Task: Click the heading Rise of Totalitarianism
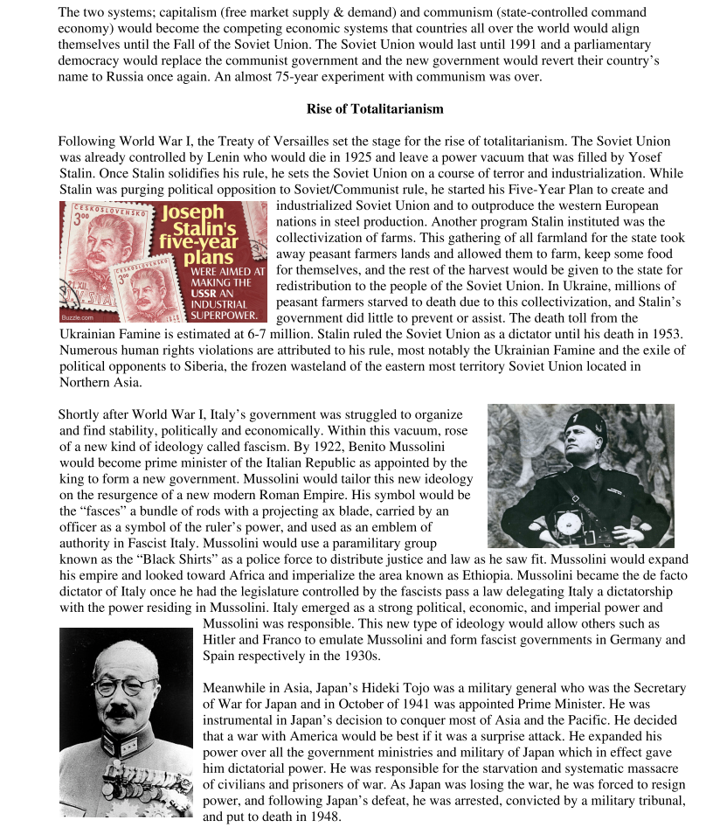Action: pos(375,109)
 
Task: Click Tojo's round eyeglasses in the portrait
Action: pos(125,685)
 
